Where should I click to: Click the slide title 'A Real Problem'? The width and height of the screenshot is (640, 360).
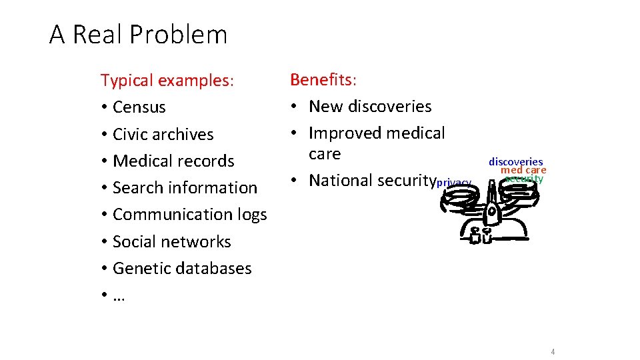click(x=138, y=35)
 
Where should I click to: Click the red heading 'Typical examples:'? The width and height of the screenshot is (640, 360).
click(x=167, y=81)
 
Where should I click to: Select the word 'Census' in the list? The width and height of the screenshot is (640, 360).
click(x=139, y=107)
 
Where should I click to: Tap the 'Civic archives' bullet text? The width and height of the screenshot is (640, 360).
click(x=163, y=134)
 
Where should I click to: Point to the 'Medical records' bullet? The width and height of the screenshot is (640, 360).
click(x=173, y=161)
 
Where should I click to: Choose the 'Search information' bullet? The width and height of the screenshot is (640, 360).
click(x=185, y=187)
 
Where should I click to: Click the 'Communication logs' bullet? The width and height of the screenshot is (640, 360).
click(x=190, y=214)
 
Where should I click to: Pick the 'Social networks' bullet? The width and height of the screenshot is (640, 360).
click(x=172, y=241)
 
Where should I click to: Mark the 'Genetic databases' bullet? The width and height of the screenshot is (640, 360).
click(x=182, y=268)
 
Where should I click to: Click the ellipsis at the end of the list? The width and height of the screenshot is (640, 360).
click(x=119, y=296)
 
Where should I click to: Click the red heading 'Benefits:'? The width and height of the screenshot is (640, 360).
click(x=323, y=80)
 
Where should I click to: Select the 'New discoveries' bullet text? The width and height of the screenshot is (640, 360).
click(x=370, y=106)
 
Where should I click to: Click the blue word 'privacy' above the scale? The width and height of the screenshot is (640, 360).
click(x=454, y=183)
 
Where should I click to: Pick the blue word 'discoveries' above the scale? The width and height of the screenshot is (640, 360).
click(x=515, y=162)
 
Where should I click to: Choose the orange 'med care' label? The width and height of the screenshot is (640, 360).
click(x=523, y=170)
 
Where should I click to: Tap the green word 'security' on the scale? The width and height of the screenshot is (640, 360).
click(x=524, y=179)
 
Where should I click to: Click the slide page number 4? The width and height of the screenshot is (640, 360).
click(x=553, y=352)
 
